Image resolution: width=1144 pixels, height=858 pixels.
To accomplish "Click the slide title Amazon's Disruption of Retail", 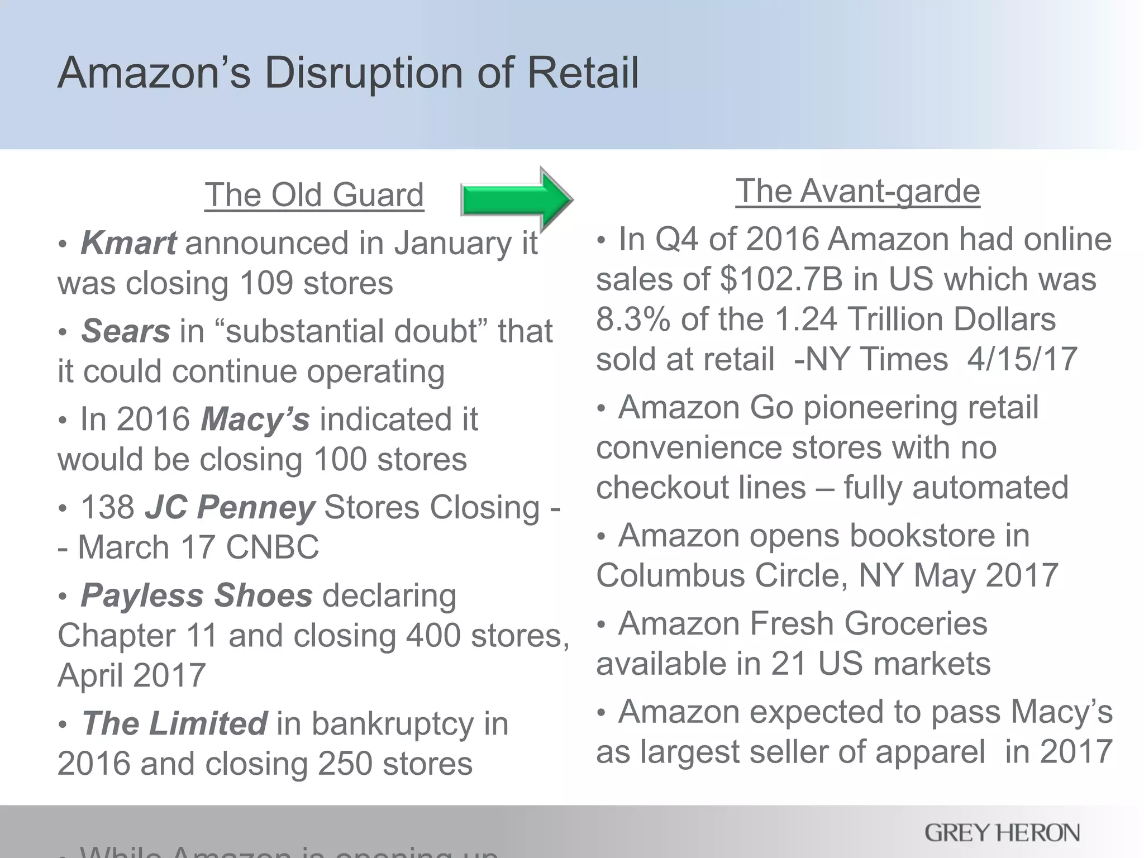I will coord(348,73).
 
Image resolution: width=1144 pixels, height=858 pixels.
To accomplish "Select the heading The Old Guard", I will coord(314,195).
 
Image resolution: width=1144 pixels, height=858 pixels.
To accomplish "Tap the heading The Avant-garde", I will coord(857,191).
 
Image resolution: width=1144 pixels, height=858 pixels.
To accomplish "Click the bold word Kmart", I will coord(128,244).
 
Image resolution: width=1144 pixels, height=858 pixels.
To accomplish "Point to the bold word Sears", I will coord(126,331).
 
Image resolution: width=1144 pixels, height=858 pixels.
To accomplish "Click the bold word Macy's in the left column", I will coord(255,420).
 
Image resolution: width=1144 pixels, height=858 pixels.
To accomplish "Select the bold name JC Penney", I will coord(230,508).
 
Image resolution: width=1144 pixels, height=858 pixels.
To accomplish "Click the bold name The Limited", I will coord(174,724).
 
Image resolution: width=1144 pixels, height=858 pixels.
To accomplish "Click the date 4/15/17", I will coord(1022,359).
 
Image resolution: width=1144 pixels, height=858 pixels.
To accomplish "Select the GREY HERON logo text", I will coord(1002,833).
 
